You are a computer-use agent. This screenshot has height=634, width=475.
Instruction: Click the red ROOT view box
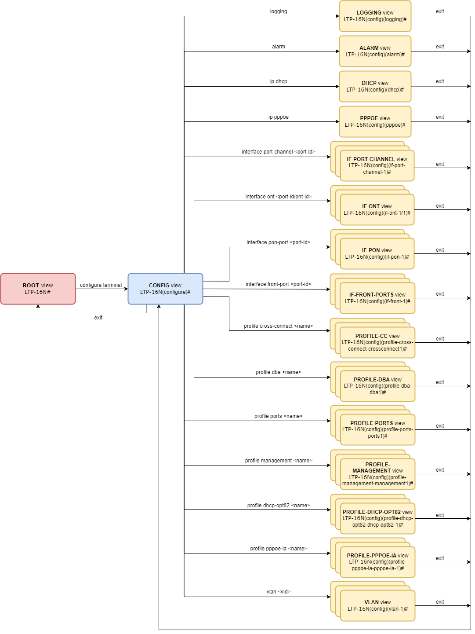[38, 289]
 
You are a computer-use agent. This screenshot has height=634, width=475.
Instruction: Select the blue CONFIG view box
[165, 289]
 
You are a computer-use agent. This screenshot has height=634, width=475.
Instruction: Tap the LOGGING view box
[375, 16]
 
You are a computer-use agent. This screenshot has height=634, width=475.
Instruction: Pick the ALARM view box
[375, 51]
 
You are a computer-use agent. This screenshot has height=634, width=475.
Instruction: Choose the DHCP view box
[375, 87]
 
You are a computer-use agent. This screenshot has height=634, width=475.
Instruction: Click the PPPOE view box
[375, 122]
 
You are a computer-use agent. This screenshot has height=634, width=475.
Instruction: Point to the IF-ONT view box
[377, 210]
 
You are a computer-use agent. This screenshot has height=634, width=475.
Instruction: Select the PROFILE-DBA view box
[377, 386]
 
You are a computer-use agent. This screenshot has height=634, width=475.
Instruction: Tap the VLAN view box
[377, 605]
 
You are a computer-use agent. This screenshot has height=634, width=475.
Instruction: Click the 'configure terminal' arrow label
[101, 285]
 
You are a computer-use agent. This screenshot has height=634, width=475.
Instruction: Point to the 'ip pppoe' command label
[279, 117]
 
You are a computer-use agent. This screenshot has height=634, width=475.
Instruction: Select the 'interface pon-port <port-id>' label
[278, 242]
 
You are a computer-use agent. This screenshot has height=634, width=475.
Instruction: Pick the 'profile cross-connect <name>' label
[278, 326]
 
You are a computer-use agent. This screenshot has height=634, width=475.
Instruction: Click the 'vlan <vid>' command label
[278, 592]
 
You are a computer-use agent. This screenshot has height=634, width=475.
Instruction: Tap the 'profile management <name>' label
[279, 461]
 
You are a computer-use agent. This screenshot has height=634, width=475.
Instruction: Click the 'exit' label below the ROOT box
[98, 318]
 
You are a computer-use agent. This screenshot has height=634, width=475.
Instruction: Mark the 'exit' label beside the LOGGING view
[440, 11]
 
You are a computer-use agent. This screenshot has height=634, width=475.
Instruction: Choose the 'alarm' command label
[279, 47]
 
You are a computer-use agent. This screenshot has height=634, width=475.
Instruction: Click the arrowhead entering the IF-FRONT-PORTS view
[328, 289]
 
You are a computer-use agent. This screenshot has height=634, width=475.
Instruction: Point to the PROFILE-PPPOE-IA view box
[377, 562]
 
